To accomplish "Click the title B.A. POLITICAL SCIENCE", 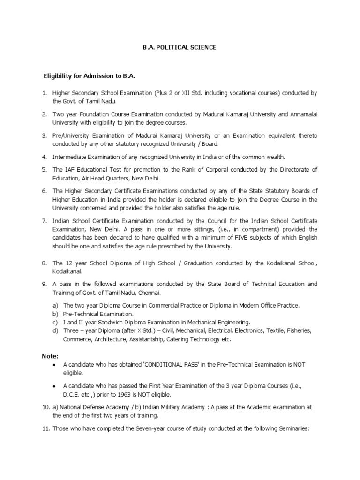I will click(180, 48).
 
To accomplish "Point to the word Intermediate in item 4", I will click(69, 157).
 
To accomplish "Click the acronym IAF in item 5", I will click(69, 170).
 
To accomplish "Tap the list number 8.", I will click(45, 263).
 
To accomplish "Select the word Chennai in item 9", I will click(150, 292).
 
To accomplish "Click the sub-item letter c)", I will click(55, 322).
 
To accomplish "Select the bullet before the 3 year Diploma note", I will click(56, 386).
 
